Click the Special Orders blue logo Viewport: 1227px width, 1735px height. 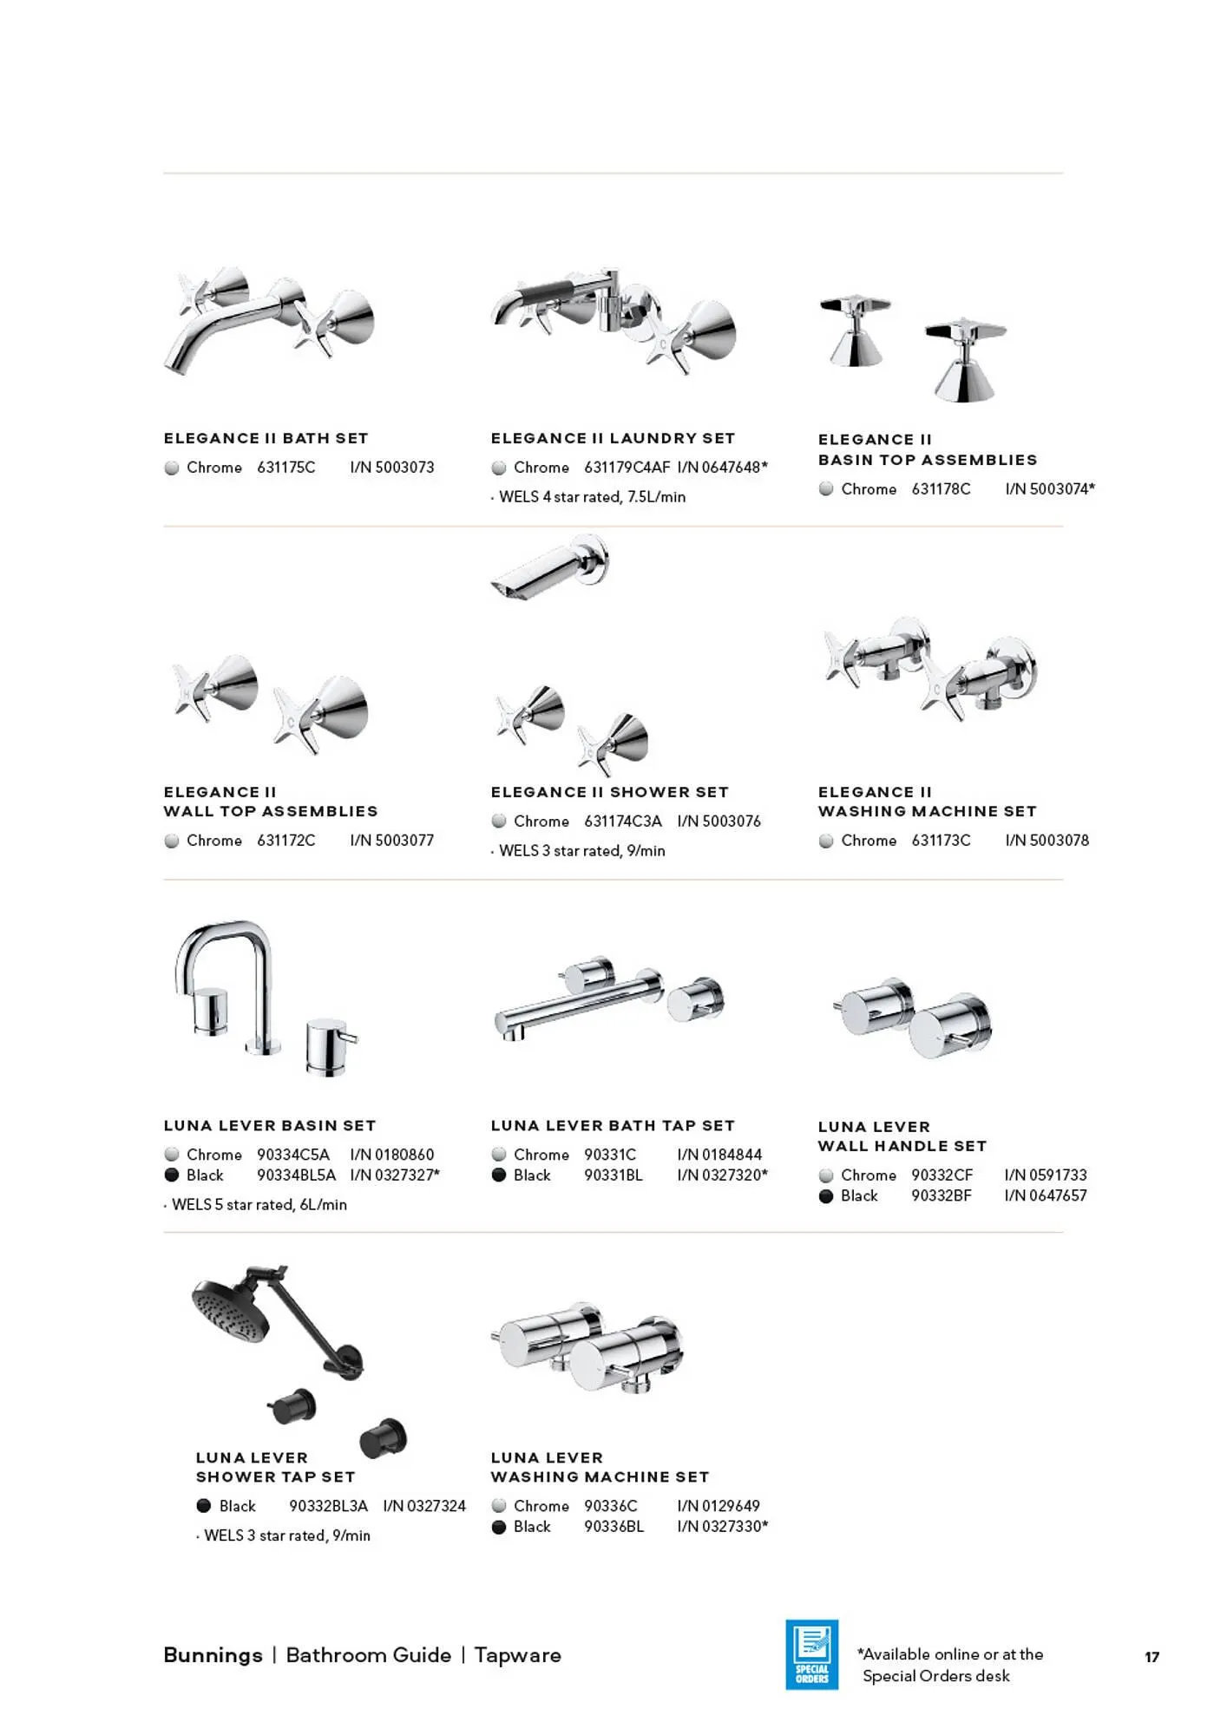tap(811, 1653)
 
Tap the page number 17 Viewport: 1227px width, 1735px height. tap(1152, 1657)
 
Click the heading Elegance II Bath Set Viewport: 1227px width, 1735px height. tap(266, 438)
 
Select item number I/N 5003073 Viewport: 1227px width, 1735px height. tap(392, 468)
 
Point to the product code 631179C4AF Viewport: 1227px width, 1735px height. tap(627, 468)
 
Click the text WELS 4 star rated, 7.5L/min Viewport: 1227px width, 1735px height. tap(592, 497)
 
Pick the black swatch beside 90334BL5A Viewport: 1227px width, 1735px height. tap(172, 1175)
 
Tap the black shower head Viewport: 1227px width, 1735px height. tap(230, 1308)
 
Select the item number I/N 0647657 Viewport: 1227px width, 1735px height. tap(1045, 1195)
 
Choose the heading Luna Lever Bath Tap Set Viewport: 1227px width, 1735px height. tap(613, 1125)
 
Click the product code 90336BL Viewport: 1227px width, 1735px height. tap(613, 1527)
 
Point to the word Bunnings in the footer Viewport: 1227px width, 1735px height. tap(213, 1655)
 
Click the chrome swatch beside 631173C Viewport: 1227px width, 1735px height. tap(826, 841)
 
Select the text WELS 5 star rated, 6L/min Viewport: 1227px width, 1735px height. tap(259, 1205)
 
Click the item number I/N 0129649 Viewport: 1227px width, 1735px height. tap(718, 1506)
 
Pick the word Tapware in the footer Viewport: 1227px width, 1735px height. tap(517, 1655)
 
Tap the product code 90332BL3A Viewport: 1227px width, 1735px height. tap(328, 1506)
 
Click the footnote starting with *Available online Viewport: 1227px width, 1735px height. tap(951, 1665)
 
